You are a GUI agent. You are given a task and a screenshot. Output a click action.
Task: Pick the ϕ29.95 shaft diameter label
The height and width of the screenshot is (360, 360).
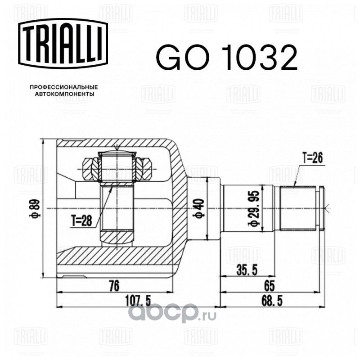click(x=254, y=208)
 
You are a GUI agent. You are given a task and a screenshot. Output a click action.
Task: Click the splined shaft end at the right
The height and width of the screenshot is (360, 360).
click(x=299, y=207)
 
